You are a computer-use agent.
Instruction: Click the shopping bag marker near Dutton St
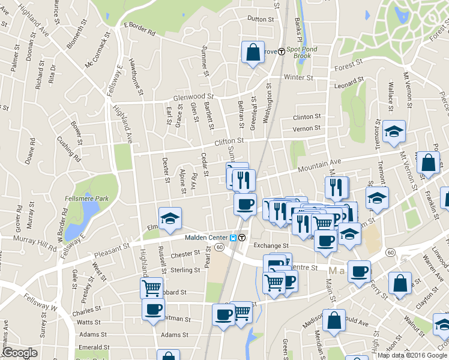(253, 52)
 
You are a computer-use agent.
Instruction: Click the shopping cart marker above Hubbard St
(151, 287)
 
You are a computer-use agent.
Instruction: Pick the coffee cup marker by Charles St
(153, 309)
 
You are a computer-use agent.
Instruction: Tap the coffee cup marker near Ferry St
(360, 271)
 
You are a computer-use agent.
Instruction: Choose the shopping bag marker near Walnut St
(399, 284)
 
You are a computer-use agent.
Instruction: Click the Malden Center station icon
(241, 237)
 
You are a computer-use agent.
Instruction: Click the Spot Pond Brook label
(298, 52)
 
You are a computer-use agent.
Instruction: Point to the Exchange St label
(271, 246)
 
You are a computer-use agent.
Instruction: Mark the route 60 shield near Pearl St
(220, 247)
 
